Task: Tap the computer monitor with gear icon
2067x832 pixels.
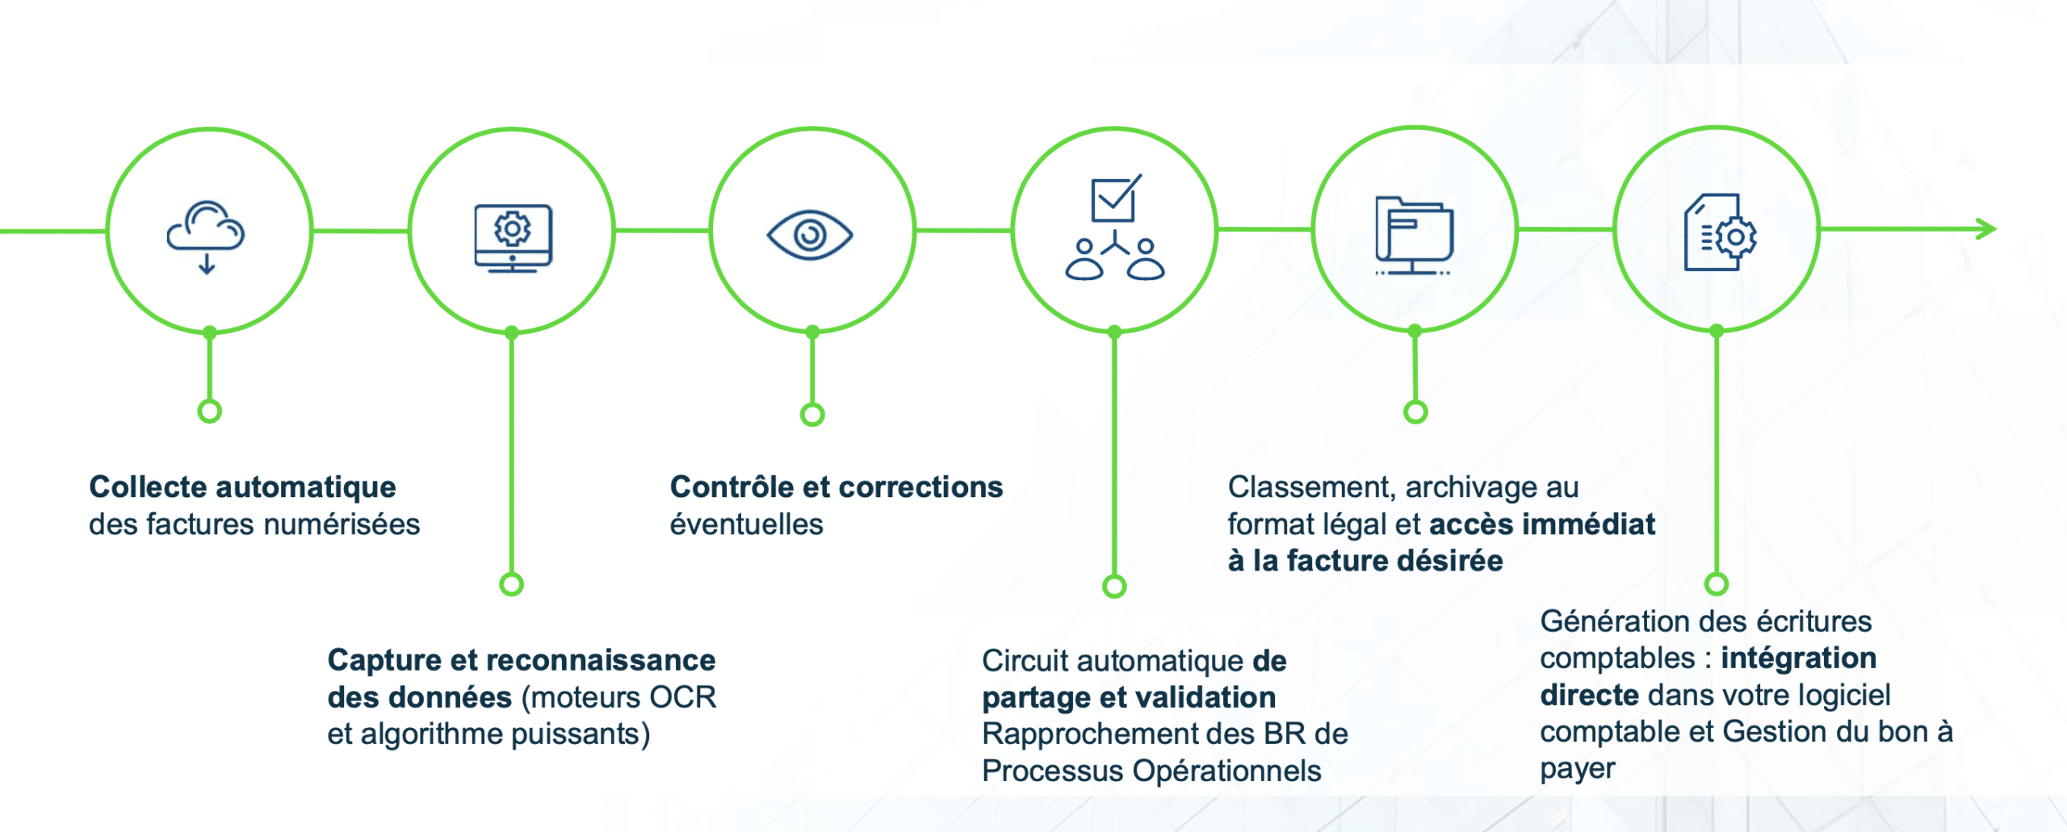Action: click(513, 238)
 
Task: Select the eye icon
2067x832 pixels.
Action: click(810, 235)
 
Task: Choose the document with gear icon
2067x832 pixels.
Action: click(1721, 232)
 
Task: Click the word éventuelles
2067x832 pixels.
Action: click(746, 525)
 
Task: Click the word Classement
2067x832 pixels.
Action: click(1312, 488)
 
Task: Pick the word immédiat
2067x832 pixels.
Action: click(1588, 525)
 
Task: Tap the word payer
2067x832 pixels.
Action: click(1578, 770)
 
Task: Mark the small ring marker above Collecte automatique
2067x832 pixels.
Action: click(209, 412)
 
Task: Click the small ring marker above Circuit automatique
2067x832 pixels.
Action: click(1114, 586)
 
